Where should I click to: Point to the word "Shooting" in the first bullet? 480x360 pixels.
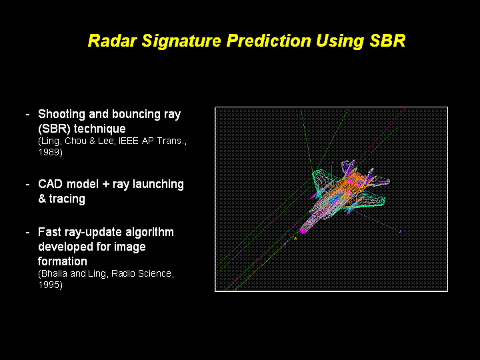(x=63, y=114)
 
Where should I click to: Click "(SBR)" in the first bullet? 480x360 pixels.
(x=54, y=128)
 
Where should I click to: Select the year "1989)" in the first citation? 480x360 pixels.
(x=51, y=152)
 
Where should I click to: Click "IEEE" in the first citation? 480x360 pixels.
(x=122, y=142)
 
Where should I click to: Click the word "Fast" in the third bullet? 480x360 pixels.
(x=50, y=232)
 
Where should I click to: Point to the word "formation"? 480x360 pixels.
(x=63, y=261)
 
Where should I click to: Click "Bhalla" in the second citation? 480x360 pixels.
(x=55, y=274)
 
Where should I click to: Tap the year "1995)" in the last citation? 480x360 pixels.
(x=51, y=285)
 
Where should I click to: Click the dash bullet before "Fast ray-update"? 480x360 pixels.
(x=27, y=232)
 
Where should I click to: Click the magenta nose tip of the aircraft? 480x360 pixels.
(x=303, y=230)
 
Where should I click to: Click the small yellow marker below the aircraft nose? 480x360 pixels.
(x=295, y=238)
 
